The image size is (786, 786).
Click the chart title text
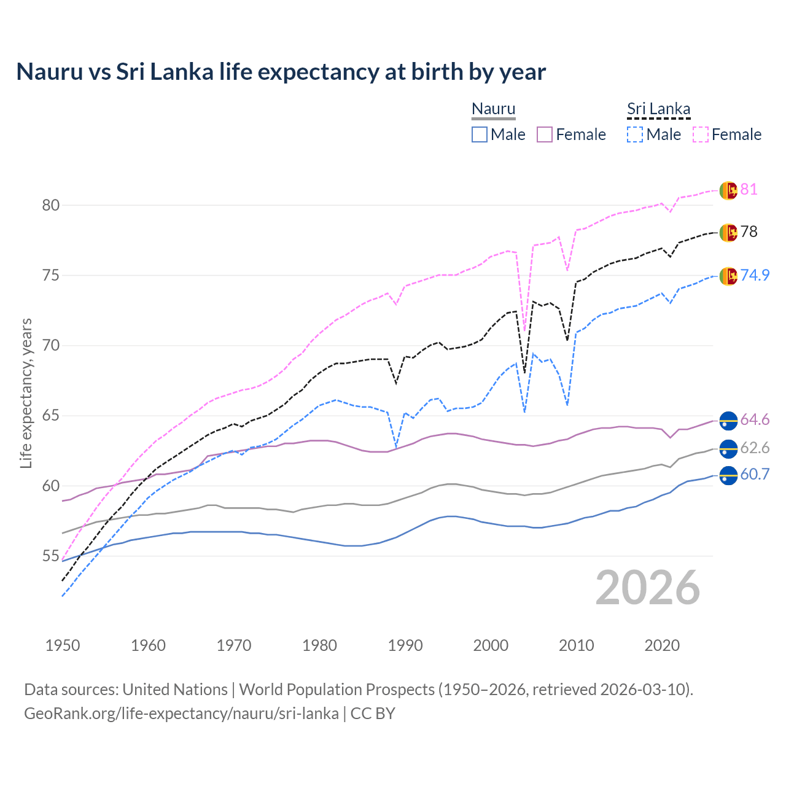tap(281, 72)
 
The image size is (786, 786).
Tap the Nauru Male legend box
tap(480, 134)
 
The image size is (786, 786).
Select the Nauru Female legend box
tap(545, 134)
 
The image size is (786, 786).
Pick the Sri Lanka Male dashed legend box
tap(635, 134)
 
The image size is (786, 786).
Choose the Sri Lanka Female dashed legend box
tap(701, 134)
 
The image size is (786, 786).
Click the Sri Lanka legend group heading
tap(658, 109)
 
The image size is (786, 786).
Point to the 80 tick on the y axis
tap(51, 205)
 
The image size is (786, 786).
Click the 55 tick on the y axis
tap(51, 556)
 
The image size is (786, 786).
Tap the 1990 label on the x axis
tap(405, 645)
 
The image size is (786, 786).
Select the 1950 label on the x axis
tap(63, 645)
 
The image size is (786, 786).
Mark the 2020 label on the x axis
tap(662, 645)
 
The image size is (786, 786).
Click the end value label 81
tap(749, 190)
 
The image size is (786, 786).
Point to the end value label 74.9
tap(755, 275)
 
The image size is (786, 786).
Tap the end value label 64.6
tap(755, 420)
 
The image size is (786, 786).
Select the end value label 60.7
tap(755, 475)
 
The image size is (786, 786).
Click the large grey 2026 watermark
tap(648, 588)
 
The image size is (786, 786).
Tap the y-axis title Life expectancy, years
tap(26, 393)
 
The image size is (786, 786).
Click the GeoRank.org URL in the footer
tap(181, 714)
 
